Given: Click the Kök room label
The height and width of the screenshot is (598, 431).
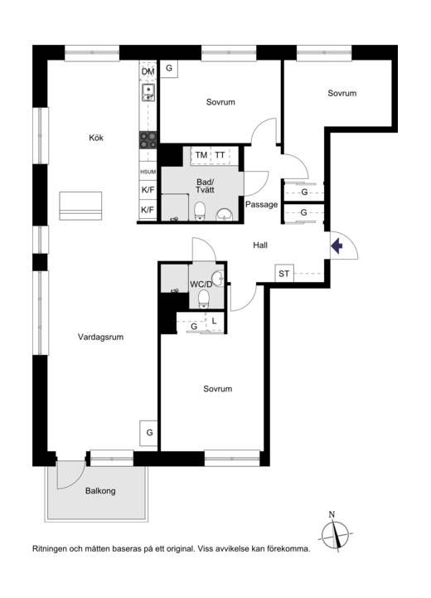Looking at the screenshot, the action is click(x=96, y=138).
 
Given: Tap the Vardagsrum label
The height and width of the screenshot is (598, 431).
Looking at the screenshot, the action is click(x=100, y=337).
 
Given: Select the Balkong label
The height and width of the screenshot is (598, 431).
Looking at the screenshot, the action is click(x=100, y=491).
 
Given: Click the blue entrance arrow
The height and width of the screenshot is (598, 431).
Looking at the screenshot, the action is click(x=337, y=246).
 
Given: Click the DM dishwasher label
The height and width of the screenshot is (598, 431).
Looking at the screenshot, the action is click(x=148, y=71).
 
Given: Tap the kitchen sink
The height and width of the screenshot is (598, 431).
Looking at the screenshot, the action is click(x=148, y=93).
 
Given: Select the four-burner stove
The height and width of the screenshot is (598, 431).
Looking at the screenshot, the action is click(x=148, y=140).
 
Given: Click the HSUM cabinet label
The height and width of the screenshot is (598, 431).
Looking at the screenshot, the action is click(x=148, y=172).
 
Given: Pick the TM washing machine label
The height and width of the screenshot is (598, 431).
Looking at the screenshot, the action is click(x=201, y=155).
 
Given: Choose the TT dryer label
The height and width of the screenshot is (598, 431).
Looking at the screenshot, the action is click(x=220, y=155).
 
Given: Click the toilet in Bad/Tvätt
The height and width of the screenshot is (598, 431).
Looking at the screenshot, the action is click(x=200, y=211).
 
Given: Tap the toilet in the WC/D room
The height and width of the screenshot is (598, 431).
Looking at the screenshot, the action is click(x=204, y=299).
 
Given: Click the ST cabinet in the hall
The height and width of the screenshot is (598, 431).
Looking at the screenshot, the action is click(x=284, y=274).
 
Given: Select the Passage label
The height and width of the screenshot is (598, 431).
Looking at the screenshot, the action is click(x=261, y=204).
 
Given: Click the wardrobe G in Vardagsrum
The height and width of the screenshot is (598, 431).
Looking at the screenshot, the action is click(x=149, y=433).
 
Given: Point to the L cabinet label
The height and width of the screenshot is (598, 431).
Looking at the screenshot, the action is click(x=214, y=322).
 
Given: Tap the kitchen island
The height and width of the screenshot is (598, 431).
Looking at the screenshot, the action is click(x=80, y=206).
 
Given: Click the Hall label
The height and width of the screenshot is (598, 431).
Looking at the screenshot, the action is click(x=260, y=246).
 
